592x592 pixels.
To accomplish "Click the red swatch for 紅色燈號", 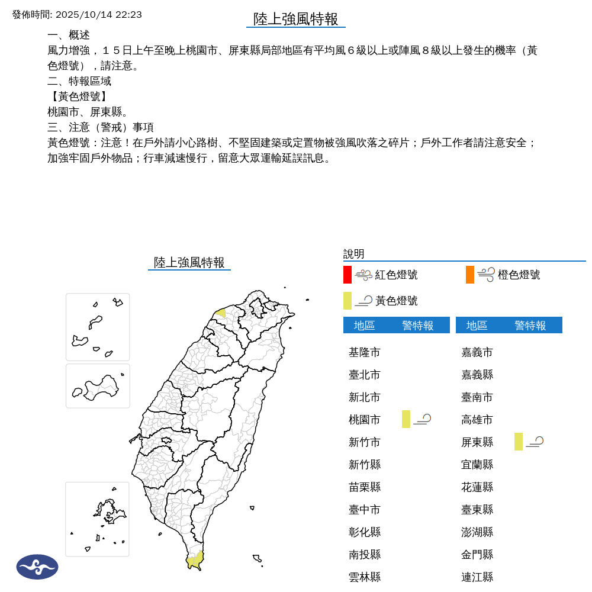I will point(348,275).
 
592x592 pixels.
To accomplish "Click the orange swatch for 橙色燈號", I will point(470,275).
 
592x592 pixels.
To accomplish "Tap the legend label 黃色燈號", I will point(397,301).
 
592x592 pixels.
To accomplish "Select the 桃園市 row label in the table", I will point(365,420).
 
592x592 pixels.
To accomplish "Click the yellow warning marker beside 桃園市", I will point(406,419).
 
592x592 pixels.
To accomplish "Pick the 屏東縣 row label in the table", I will point(477,442).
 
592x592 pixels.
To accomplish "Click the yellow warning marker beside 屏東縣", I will point(519,442).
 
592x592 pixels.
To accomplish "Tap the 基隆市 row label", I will point(365,352).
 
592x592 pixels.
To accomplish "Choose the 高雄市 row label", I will point(477,420).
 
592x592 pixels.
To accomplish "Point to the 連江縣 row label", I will point(477,577).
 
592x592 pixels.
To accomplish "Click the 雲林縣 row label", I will point(365,577).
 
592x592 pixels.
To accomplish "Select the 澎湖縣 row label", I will point(477,532).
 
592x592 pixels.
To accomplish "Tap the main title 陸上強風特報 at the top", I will point(296,19).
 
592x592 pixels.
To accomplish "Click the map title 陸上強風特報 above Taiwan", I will point(189,262).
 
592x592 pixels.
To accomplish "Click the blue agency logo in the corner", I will point(37,567).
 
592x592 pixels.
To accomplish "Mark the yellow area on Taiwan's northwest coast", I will point(221,313).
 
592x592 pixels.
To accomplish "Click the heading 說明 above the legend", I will point(354,254).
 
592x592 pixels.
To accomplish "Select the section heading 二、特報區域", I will point(79,81).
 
